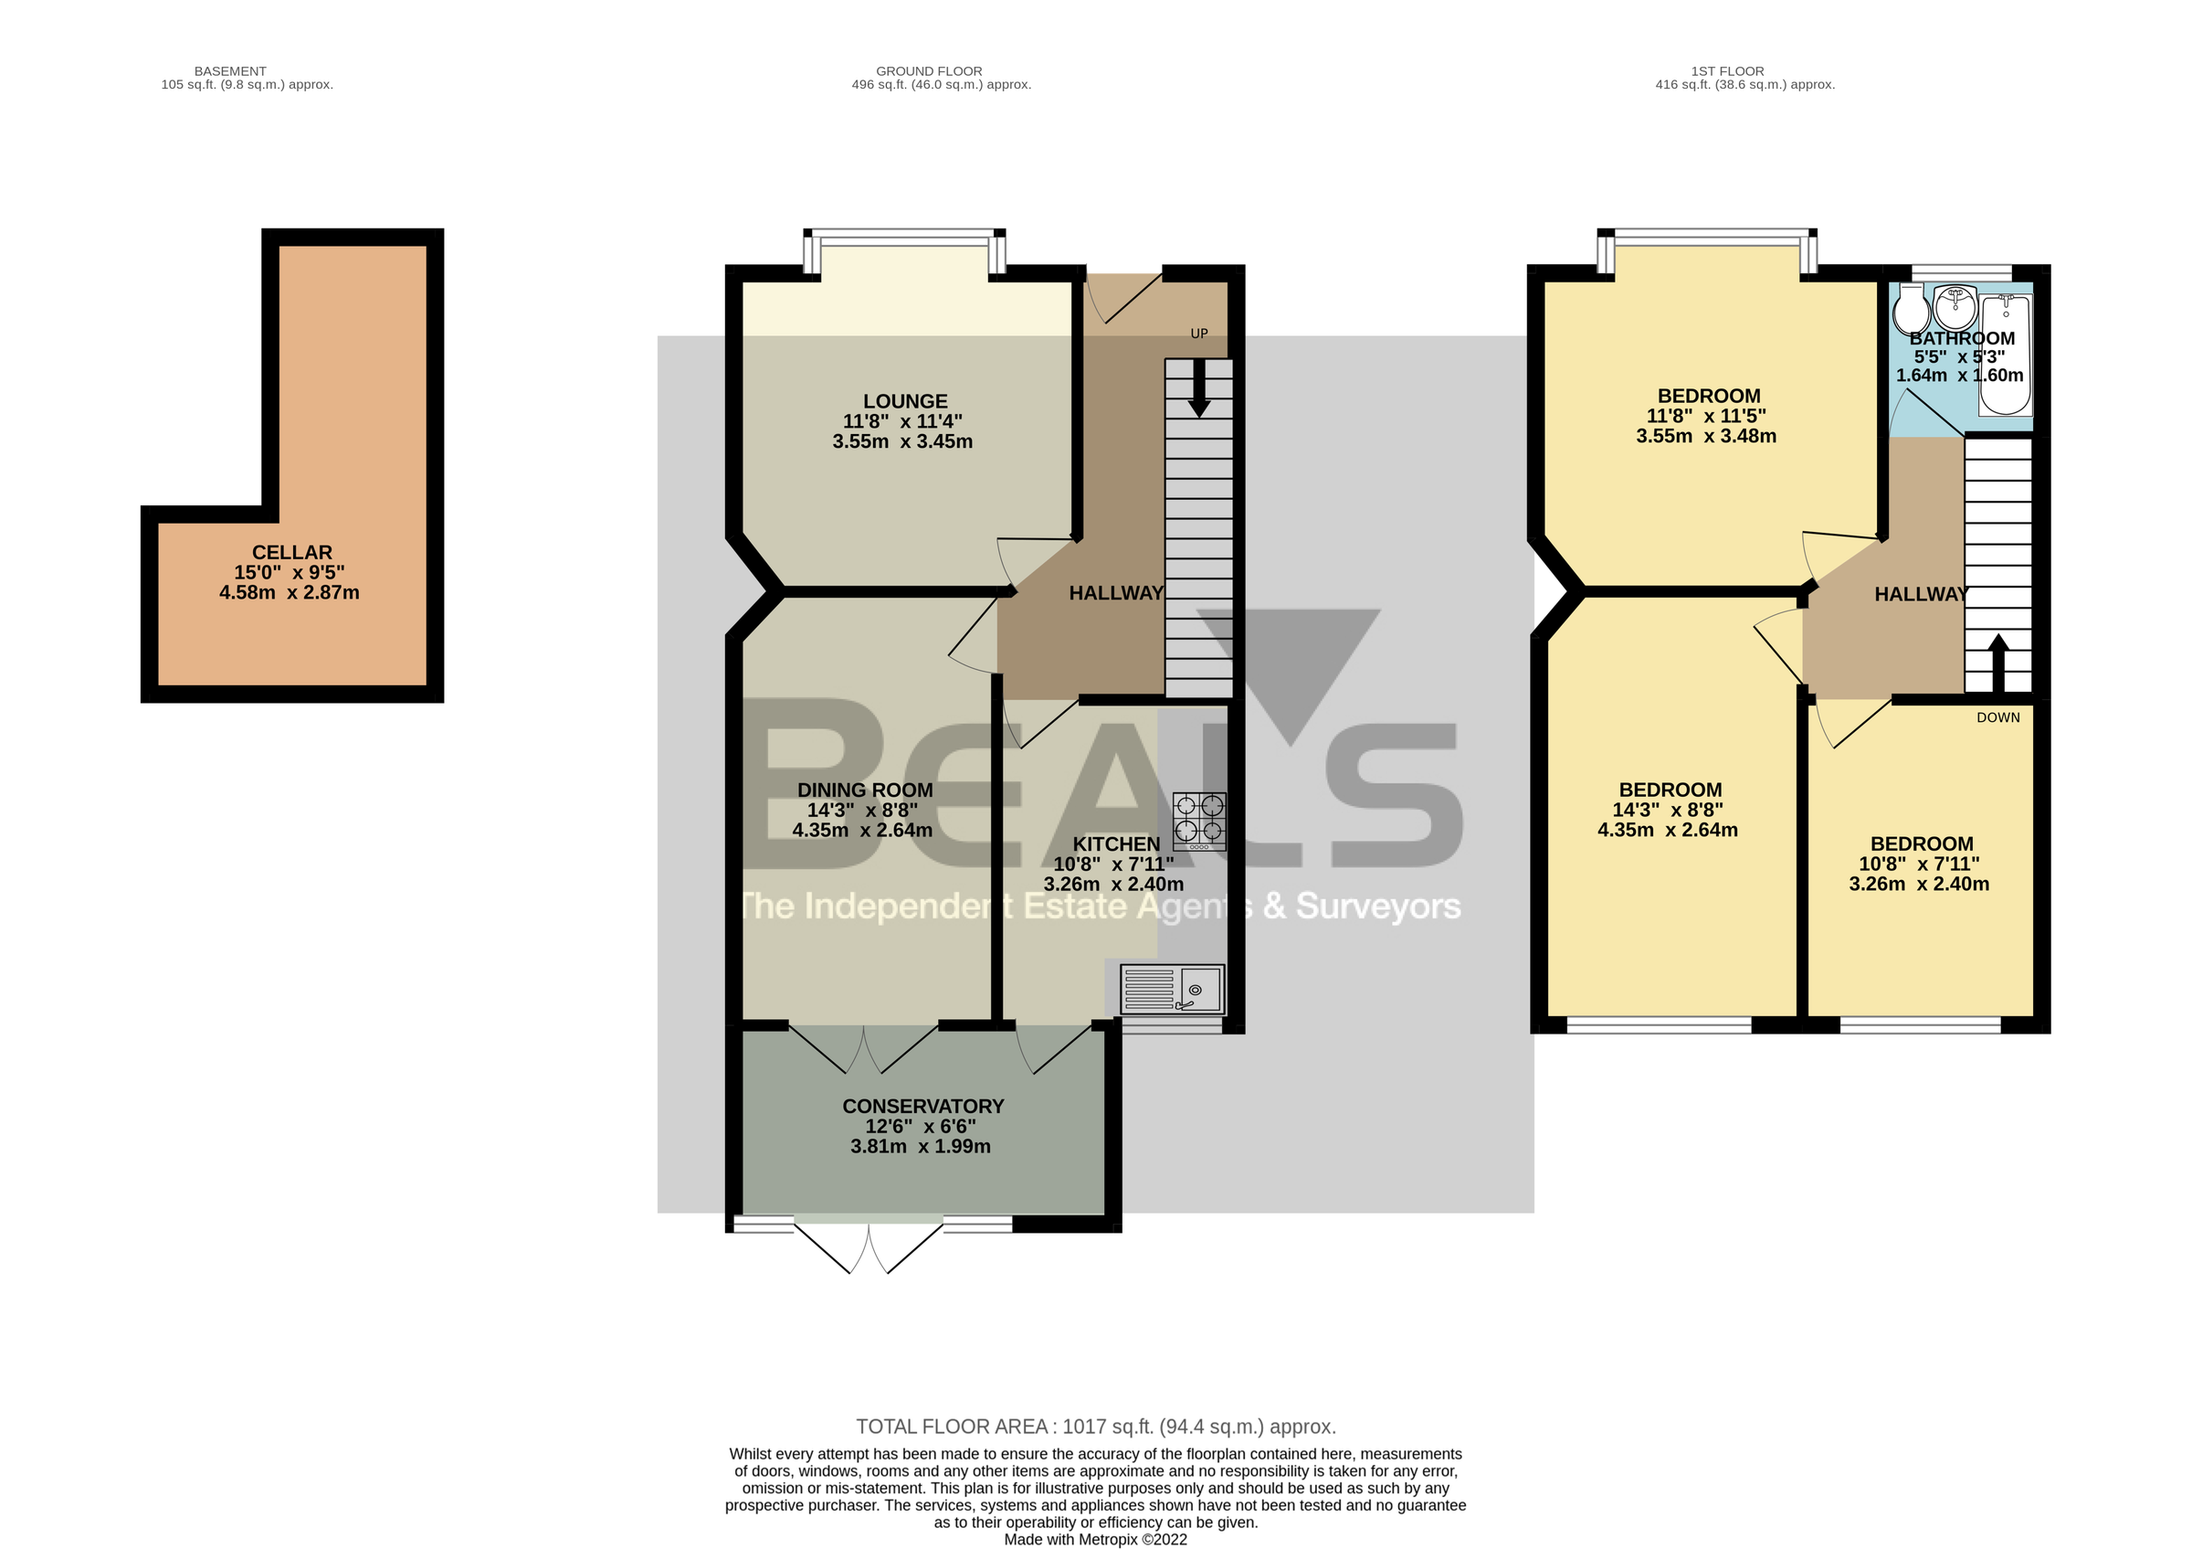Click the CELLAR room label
tap(292, 553)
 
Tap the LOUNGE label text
tap(905, 402)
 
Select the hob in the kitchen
tap(1199, 822)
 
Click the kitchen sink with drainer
tap(1173, 990)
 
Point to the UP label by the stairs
tap(1199, 334)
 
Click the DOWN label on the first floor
tap(1998, 717)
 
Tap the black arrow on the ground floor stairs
tap(1199, 388)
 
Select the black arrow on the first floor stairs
tap(1998, 662)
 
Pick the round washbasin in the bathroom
tap(1955, 306)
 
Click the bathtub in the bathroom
tap(2006, 355)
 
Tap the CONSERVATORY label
tap(922, 1106)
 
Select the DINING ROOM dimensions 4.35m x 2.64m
tap(862, 830)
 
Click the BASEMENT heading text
tap(230, 70)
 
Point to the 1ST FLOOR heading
tap(1727, 70)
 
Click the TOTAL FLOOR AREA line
tap(1095, 1427)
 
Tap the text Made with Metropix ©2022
tap(1095, 1540)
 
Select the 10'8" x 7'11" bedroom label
tap(1919, 864)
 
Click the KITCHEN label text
tap(1116, 844)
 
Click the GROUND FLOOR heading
tap(929, 70)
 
